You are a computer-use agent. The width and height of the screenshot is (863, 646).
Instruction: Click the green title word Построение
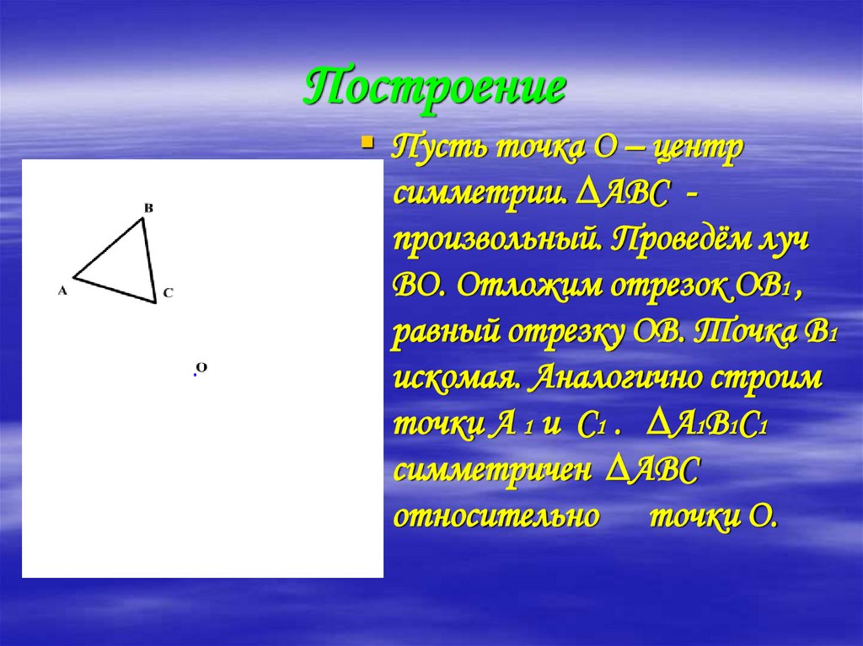433,88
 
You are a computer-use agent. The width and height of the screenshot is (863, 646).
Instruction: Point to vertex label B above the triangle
148,207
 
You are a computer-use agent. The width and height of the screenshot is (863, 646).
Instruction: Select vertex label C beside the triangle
168,293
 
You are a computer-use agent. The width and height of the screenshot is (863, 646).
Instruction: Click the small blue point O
195,375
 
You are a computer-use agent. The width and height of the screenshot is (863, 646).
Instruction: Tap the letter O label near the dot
201,367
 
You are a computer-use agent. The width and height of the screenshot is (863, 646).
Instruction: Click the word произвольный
497,241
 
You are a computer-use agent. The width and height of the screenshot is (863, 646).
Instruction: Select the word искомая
455,377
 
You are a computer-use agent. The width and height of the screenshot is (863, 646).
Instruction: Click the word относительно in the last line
496,515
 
